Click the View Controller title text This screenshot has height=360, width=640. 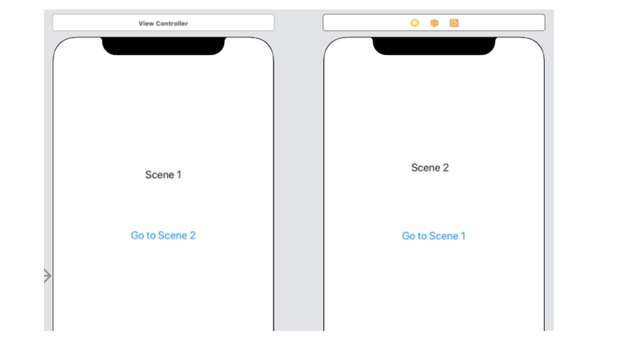pos(163,23)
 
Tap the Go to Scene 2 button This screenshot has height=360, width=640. pos(163,235)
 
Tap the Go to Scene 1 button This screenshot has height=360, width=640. pos(433,236)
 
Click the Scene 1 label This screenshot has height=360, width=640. pos(163,174)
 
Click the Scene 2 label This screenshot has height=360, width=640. pos(430,167)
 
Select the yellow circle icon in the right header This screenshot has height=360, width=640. pos(415,23)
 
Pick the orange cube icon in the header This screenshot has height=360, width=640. pos(434,23)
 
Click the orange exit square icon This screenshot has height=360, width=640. pos(454,23)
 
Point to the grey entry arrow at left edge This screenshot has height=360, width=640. pos(47,275)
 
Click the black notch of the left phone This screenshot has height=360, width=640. pos(163,45)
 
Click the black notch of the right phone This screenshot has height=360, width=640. pos(433,45)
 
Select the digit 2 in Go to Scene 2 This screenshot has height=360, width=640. pos(192,235)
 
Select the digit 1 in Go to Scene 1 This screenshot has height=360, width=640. pos(463,236)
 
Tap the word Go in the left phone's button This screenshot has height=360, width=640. pos(137,235)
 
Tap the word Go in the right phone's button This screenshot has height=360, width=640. pos(408,236)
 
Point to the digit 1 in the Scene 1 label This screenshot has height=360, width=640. pos(179,174)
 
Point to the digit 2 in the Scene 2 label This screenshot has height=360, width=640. pos(445,167)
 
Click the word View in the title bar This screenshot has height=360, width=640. pos(146,23)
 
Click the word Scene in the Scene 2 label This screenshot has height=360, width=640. pos(425,167)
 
